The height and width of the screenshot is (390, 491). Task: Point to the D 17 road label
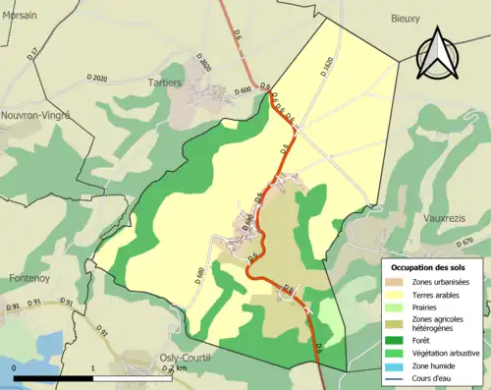[x=31, y=55]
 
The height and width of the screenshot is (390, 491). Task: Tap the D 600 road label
[x=245, y=89]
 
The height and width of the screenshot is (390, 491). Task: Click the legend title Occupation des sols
[x=431, y=267]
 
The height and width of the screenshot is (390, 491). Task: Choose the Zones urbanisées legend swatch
[x=398, y=283]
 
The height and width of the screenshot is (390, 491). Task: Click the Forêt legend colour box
[x=398, y=338]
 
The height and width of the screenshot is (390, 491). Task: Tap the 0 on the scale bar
[x=14, y=368]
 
